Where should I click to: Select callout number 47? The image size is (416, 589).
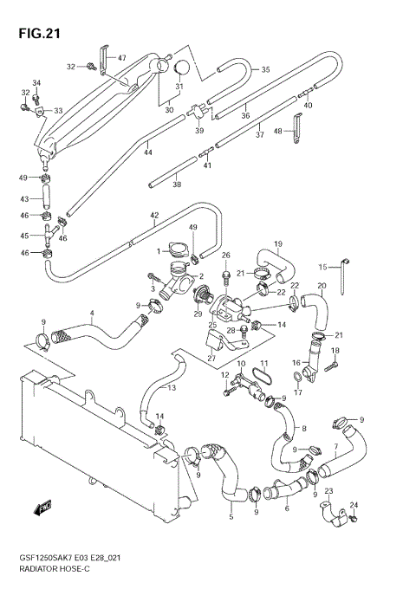click(121, 58)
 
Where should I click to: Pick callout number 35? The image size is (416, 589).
click(265, 69)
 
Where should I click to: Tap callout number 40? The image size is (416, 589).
click(308, 106)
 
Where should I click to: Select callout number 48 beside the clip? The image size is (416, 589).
click(278, 131)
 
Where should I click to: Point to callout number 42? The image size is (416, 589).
click(154, 215)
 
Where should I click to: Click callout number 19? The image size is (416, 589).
click(278, 243)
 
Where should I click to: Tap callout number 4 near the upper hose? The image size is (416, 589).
click(91, 312)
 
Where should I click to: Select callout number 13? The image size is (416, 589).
click(171, 387)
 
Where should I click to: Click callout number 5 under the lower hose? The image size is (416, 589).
click(230, 518)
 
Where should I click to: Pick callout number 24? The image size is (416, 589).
click(353, 505)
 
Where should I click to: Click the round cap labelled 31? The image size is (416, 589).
click(182, 68)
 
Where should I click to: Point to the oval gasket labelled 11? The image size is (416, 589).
click(265, 379)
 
